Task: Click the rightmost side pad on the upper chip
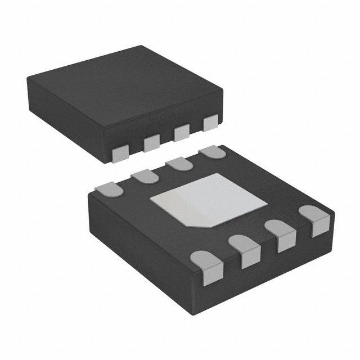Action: click(211, 122)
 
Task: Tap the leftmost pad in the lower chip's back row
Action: click(110, 190)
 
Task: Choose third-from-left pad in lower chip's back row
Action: click(177, 163)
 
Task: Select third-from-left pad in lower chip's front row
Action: click(280, 235)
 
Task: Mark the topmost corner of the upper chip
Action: click(141, 47)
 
